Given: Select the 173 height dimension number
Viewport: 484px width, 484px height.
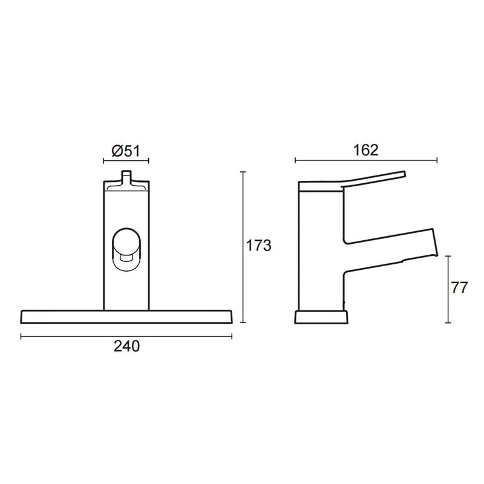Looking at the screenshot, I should coord(258,247).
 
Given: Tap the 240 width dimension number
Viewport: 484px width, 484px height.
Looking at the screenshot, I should coord(127,347).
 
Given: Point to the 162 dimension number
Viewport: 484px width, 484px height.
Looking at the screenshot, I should coord(365,151).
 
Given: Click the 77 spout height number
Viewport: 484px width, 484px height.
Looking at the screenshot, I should coord(460,289).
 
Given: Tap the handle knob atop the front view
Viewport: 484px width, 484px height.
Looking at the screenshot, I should coord(126,177).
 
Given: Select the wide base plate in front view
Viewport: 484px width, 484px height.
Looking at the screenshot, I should coord(126,317).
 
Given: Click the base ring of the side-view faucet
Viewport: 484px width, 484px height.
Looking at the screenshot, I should coord(321,318).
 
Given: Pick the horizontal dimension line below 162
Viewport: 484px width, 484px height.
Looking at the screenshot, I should coord(365,161).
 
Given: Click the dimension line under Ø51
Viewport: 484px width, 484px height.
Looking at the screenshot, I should coord(126,161).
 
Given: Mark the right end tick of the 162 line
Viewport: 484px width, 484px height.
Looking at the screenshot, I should coord(436,161).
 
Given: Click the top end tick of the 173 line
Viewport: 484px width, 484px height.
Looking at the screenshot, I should coord(243,172).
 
